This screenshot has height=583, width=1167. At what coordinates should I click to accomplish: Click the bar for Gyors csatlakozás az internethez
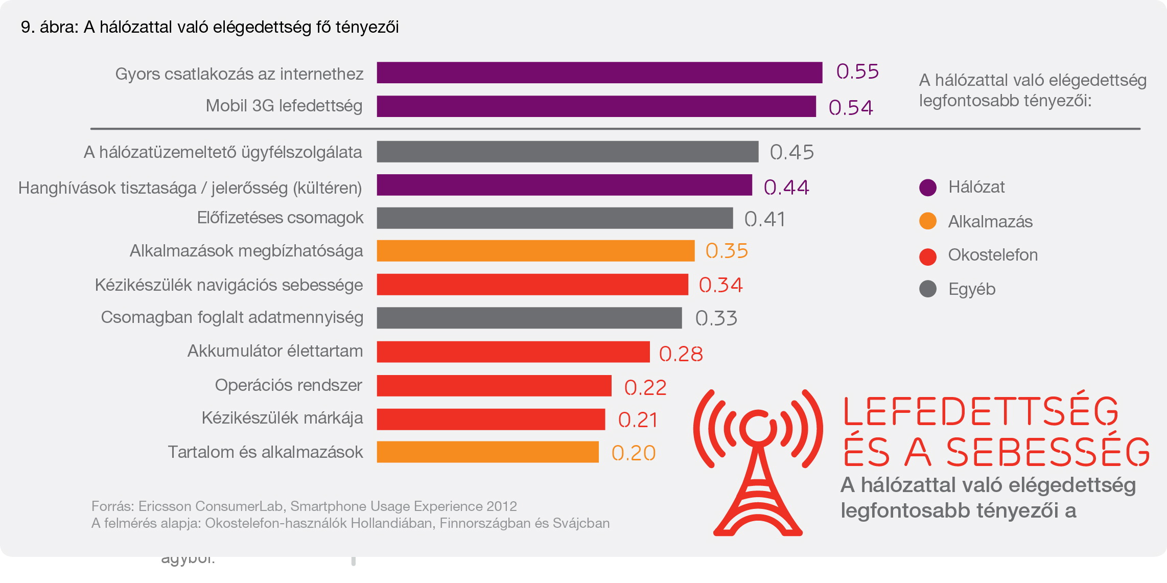coord(599,73)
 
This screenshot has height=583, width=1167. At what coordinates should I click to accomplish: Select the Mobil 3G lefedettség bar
coord(596,106)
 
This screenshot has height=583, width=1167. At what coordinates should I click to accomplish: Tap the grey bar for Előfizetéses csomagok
coord(554,218)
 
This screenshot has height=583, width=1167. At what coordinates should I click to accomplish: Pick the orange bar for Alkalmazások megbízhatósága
coord(535,251)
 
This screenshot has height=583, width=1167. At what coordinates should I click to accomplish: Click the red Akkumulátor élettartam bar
coord(513,352)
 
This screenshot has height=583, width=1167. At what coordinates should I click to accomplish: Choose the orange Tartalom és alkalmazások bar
coord(487,452)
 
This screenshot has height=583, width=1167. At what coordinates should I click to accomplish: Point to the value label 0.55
coord(857,72)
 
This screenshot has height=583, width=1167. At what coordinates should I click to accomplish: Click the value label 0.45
coord(791,152)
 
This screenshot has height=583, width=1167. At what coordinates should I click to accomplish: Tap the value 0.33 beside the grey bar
coord(716,318)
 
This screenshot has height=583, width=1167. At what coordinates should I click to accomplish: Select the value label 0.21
coord(638,420)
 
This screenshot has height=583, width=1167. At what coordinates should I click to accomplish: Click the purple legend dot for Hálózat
coord(927,188)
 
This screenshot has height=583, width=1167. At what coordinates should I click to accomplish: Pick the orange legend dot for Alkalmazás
coord(927,221)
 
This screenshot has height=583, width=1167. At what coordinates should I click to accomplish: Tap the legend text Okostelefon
coord(993,255)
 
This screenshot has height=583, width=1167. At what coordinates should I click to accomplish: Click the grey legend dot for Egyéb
coord(927,289)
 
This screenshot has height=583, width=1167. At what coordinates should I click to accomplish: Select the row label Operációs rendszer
coord(288,385)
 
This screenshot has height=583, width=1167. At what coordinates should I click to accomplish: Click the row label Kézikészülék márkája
coord(282,418)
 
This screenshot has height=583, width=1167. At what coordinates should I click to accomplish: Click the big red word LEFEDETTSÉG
coord(981,411)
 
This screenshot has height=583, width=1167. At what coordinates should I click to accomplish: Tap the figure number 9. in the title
coord(28,27)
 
